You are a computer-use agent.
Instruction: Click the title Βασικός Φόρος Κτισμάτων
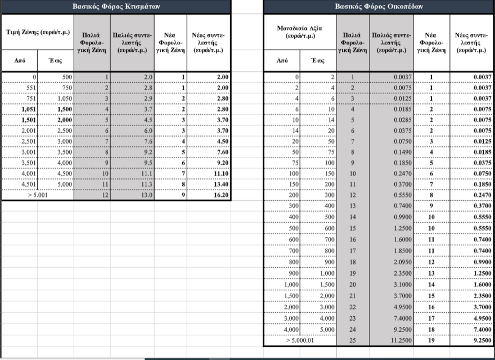(116, 7)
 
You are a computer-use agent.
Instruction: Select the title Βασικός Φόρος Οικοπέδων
(379, 7)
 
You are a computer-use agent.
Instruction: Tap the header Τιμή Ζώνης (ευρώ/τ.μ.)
(37, 32)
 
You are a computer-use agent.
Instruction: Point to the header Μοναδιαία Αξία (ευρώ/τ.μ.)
(299, 32)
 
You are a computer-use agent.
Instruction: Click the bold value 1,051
(25, 109)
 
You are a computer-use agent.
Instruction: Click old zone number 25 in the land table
(353, 340)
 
